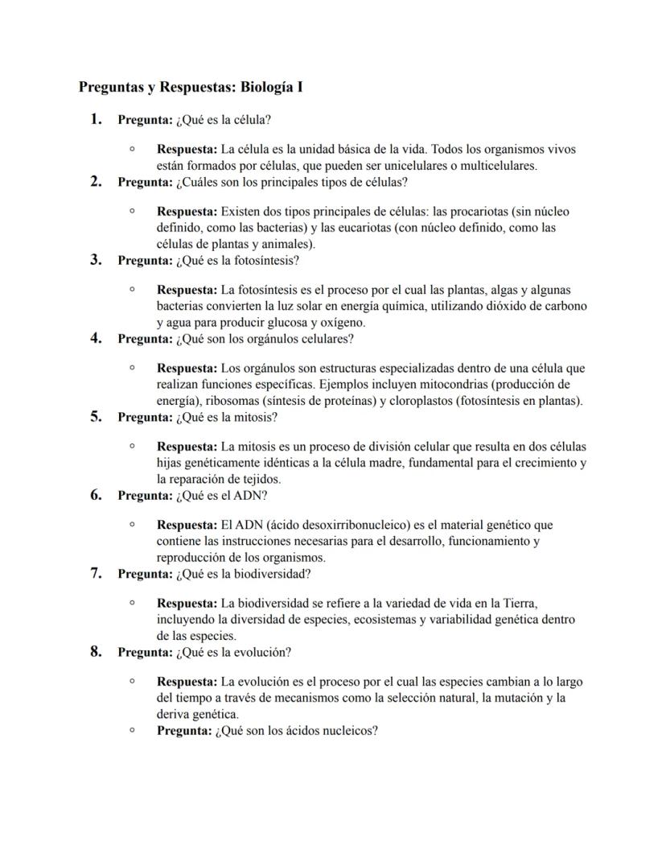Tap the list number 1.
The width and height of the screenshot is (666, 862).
click(96, 119)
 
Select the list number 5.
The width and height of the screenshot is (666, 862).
click(96, 417)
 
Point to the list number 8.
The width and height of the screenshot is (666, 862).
click(96, 652)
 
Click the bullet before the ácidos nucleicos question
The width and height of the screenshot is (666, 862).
click(131, 731)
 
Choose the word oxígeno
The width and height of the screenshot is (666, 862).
click(343, 323)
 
